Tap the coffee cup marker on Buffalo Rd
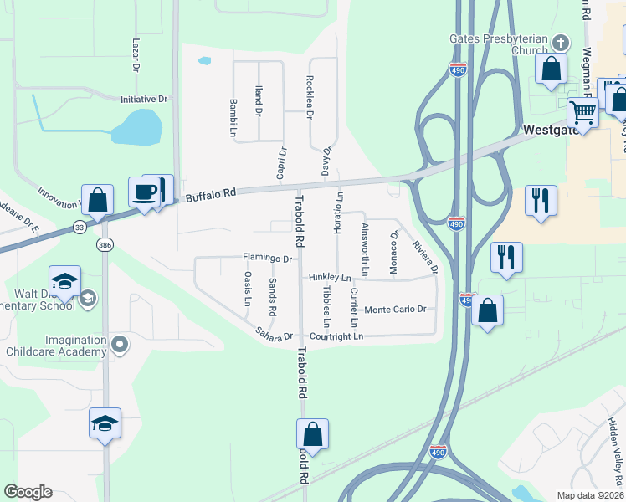[145, 192]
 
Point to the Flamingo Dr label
[267, 259]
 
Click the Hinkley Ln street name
[329, 277]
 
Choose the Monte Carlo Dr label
[395, 310]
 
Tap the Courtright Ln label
[336, 336]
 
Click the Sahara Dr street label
[275, 336]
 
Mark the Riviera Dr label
[424, 258]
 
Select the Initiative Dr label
[144, 99]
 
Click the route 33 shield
[79, 227]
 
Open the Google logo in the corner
[28, 492]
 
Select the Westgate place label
[549, 130]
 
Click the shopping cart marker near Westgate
[582, 111]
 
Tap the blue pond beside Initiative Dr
[137, 127]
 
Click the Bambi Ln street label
[233, 117]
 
